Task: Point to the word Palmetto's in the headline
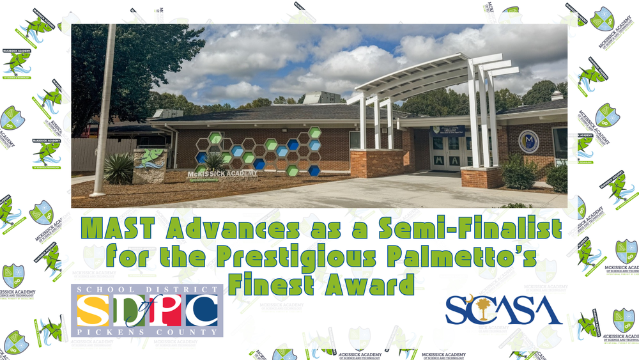[x=472, y=256]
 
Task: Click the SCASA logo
[x=504, y=309]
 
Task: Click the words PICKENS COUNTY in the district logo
[x=146, y=333]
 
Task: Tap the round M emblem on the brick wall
[x=528, y=141]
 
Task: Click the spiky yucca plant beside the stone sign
[x=118, y=168]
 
